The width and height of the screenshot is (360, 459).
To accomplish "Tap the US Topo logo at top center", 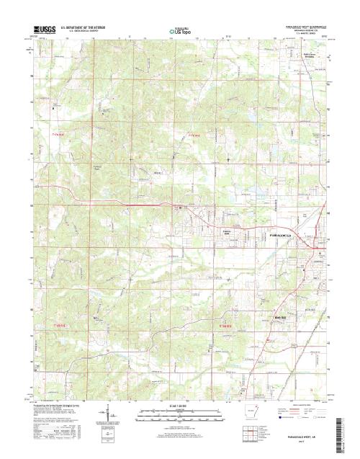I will click(x=179, y=31).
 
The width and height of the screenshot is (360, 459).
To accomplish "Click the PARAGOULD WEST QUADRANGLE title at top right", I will click(x=295, y=27).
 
